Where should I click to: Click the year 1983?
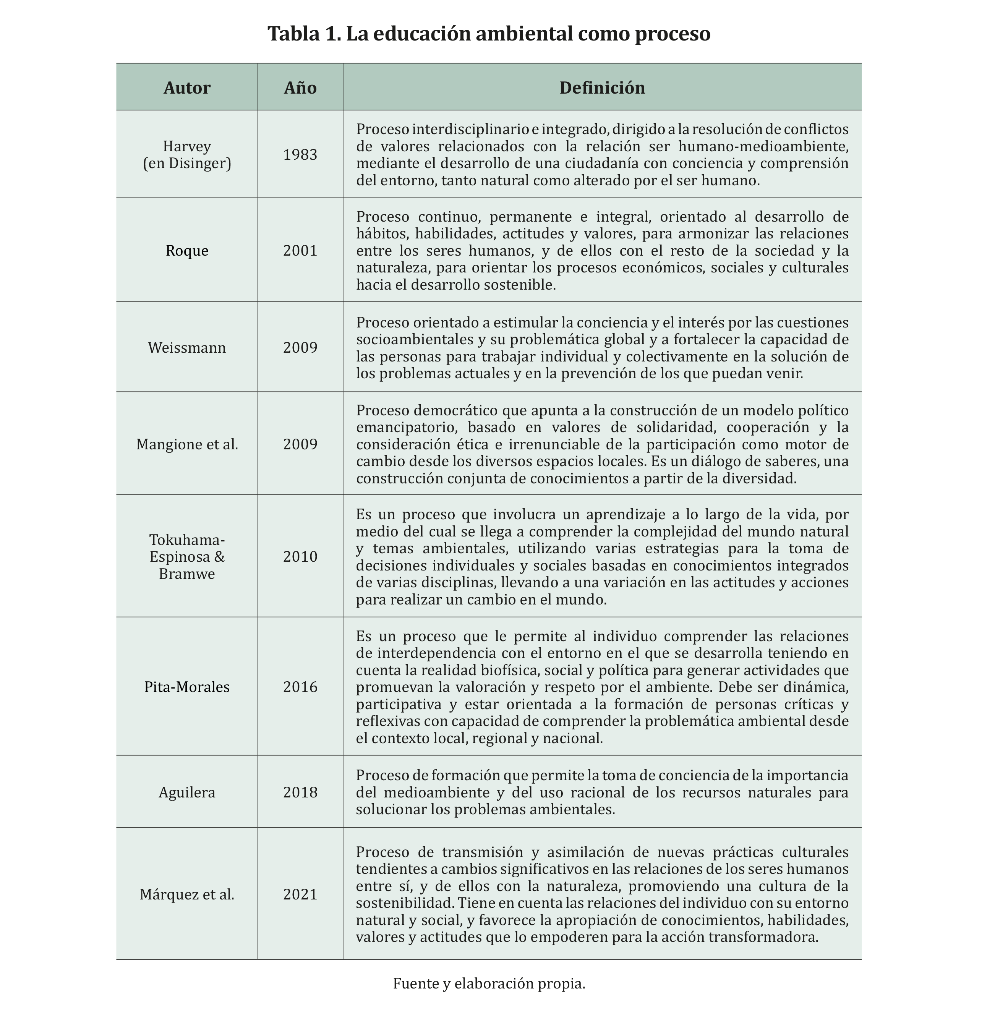[300, 155]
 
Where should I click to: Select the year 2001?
[300, 251]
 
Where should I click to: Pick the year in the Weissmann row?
[300, 348]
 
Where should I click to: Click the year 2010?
[300, 557]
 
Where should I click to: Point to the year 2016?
[300, 687]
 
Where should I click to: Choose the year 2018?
[300, 792]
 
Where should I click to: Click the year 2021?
[300, 894]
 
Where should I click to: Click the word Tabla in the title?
[290, 34]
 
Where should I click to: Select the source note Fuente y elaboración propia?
[489, 984]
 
